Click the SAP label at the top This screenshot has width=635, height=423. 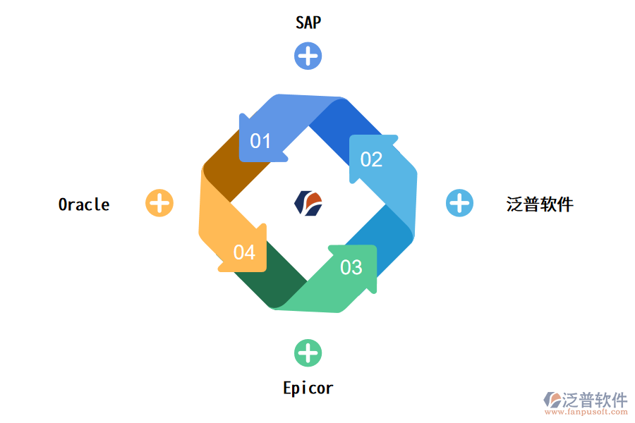308,23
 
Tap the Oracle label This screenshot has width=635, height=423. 84,204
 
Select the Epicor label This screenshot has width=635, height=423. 308,388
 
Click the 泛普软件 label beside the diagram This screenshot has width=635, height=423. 540,204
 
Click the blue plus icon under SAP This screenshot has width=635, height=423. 308,56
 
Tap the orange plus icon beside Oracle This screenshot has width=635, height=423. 159,203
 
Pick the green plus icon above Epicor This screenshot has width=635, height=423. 308,353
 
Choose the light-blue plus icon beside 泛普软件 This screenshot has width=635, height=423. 459,203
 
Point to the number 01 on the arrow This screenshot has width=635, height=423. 260,141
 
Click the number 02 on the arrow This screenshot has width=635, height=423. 371,159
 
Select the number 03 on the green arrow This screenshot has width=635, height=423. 351,267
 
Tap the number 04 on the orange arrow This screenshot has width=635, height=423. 244,252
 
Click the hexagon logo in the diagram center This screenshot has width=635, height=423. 308,203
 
